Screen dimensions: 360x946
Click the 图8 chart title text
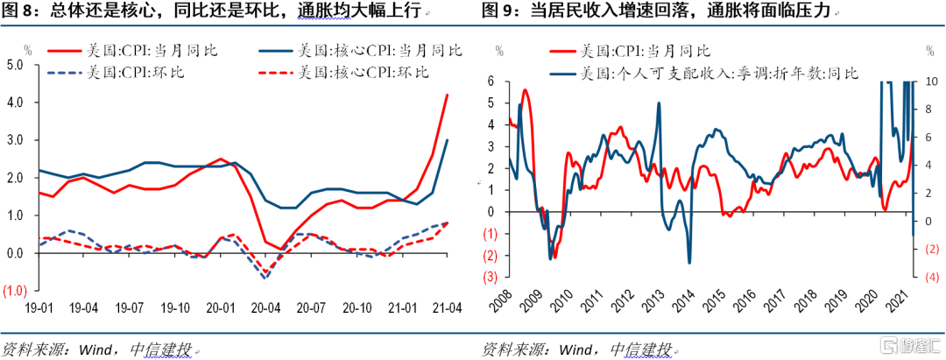click(228, 12)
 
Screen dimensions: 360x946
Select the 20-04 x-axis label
click(265, 308)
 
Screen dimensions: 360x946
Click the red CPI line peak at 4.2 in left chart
click(448, 95)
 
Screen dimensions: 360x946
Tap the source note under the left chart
click(97, 346)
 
